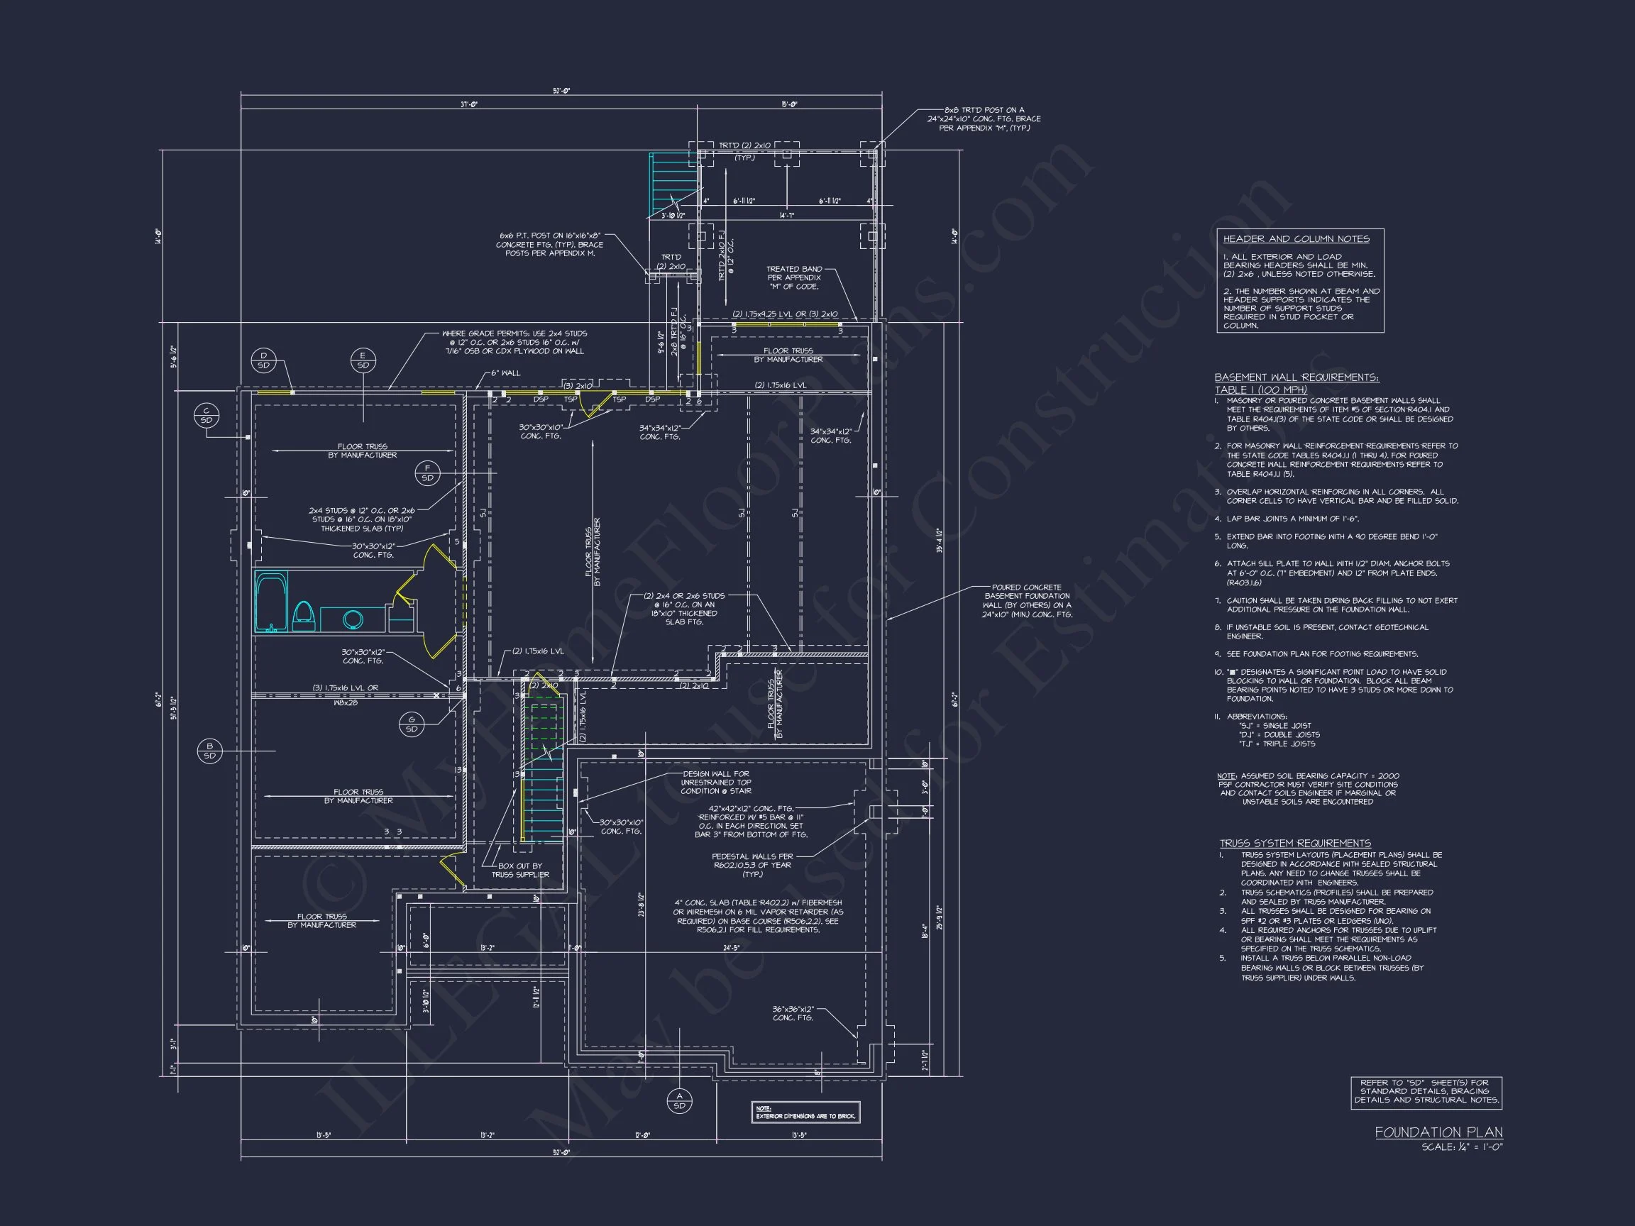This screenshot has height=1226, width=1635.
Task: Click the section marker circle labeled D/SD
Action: pyautogui.click(x=264, y=360)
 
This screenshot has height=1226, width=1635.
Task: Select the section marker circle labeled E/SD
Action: pyautogui.click(x=363, y=360)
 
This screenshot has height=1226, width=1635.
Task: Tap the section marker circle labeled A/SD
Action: pyautogui.click(x=679, y=1101)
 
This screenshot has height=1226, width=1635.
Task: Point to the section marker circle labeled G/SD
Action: pyautogui.click(x=412, y=724)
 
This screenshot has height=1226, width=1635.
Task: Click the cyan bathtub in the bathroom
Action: pyautogui.click(x=270, y=601)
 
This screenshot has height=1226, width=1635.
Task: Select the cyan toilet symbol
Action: pyautogui.click(x=304, y=615)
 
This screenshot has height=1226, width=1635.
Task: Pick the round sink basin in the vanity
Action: pyautogui.click(x=353, y=619)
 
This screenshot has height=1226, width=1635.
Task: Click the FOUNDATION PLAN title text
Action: pyautogui.click(x=1438, y=1132)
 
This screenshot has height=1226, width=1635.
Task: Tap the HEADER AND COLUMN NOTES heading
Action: pyautogui.click(x=1296, y=238)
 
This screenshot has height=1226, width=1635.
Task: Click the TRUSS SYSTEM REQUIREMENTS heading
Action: pyautogui.click(x=1295, y=843)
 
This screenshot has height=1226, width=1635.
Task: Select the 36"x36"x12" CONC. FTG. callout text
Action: pyautogui.click(x=793, y=1013)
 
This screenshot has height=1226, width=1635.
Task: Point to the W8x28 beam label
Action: pyautogui.click(x=345, y=703)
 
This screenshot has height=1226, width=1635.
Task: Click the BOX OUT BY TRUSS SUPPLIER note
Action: pyautogui.click(x=519, y=870)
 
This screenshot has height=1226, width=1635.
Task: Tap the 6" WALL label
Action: pyautogui.click(x=505, y=373)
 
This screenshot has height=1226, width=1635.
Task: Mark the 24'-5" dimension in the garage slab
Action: pyautogui.click(x=731, y=947)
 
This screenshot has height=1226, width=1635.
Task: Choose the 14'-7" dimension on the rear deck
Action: pyautogui.click(x=786, y=216)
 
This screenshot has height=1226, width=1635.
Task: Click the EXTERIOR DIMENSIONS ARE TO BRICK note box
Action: pyautogui.click(x=805, y=1113)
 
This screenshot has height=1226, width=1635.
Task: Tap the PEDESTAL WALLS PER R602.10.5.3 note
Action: pyautogui.click(x=752, y=866)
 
